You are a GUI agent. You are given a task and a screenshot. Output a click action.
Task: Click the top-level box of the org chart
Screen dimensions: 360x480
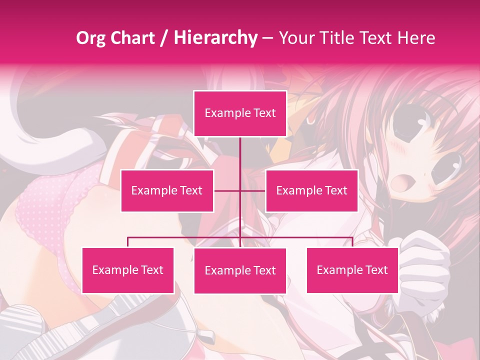click(x=240, y=113)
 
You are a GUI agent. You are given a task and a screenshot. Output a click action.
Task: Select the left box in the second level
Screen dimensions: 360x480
click(x=167, y=190)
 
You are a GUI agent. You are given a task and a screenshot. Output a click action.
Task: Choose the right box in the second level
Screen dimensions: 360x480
click(x=311, y=190)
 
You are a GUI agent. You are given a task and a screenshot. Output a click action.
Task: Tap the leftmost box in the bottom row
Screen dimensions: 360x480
click(x=128, y=270)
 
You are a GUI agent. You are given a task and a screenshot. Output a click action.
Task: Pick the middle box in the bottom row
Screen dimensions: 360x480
click(x=240, y=271)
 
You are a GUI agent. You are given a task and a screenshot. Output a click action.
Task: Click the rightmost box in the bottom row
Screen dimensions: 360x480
click(x=352, y=270)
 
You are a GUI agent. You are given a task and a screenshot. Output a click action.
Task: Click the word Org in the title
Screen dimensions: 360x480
click(x=90, y=38)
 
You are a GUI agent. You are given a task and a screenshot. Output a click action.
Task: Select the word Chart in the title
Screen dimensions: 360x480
click(x=132, y=38)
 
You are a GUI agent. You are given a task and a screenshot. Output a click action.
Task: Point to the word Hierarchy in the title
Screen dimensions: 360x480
click(x=215, y=38)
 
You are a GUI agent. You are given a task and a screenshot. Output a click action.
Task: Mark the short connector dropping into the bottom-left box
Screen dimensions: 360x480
click(x=128, y=242)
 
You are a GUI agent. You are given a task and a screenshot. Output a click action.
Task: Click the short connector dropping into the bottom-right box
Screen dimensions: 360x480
click(x=352, y=242)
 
